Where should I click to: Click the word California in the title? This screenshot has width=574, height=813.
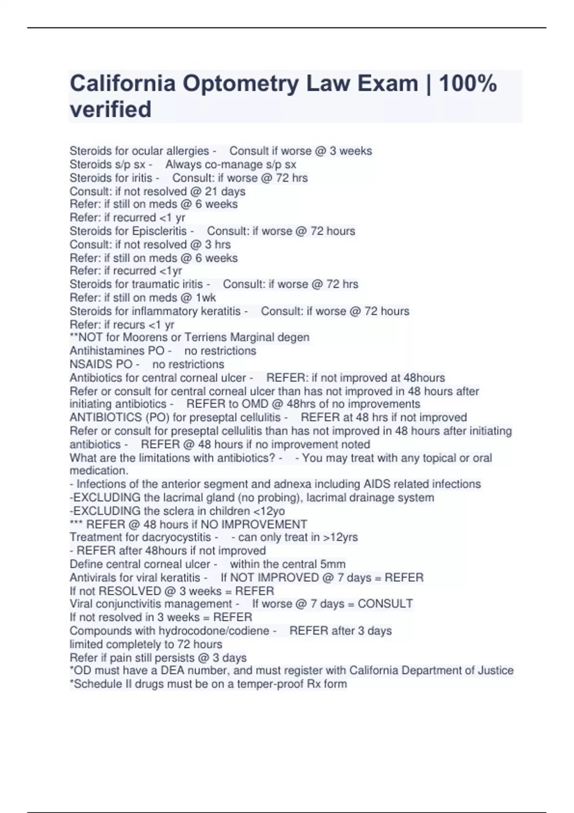point(122,84)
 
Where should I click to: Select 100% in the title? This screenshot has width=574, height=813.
point(468,84)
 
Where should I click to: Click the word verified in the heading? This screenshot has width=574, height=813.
point(110,110)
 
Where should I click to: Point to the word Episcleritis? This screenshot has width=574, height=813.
point(159,231)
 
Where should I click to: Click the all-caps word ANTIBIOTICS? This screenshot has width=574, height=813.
point(105,417)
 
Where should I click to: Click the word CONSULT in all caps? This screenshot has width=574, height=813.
point(385,604)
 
